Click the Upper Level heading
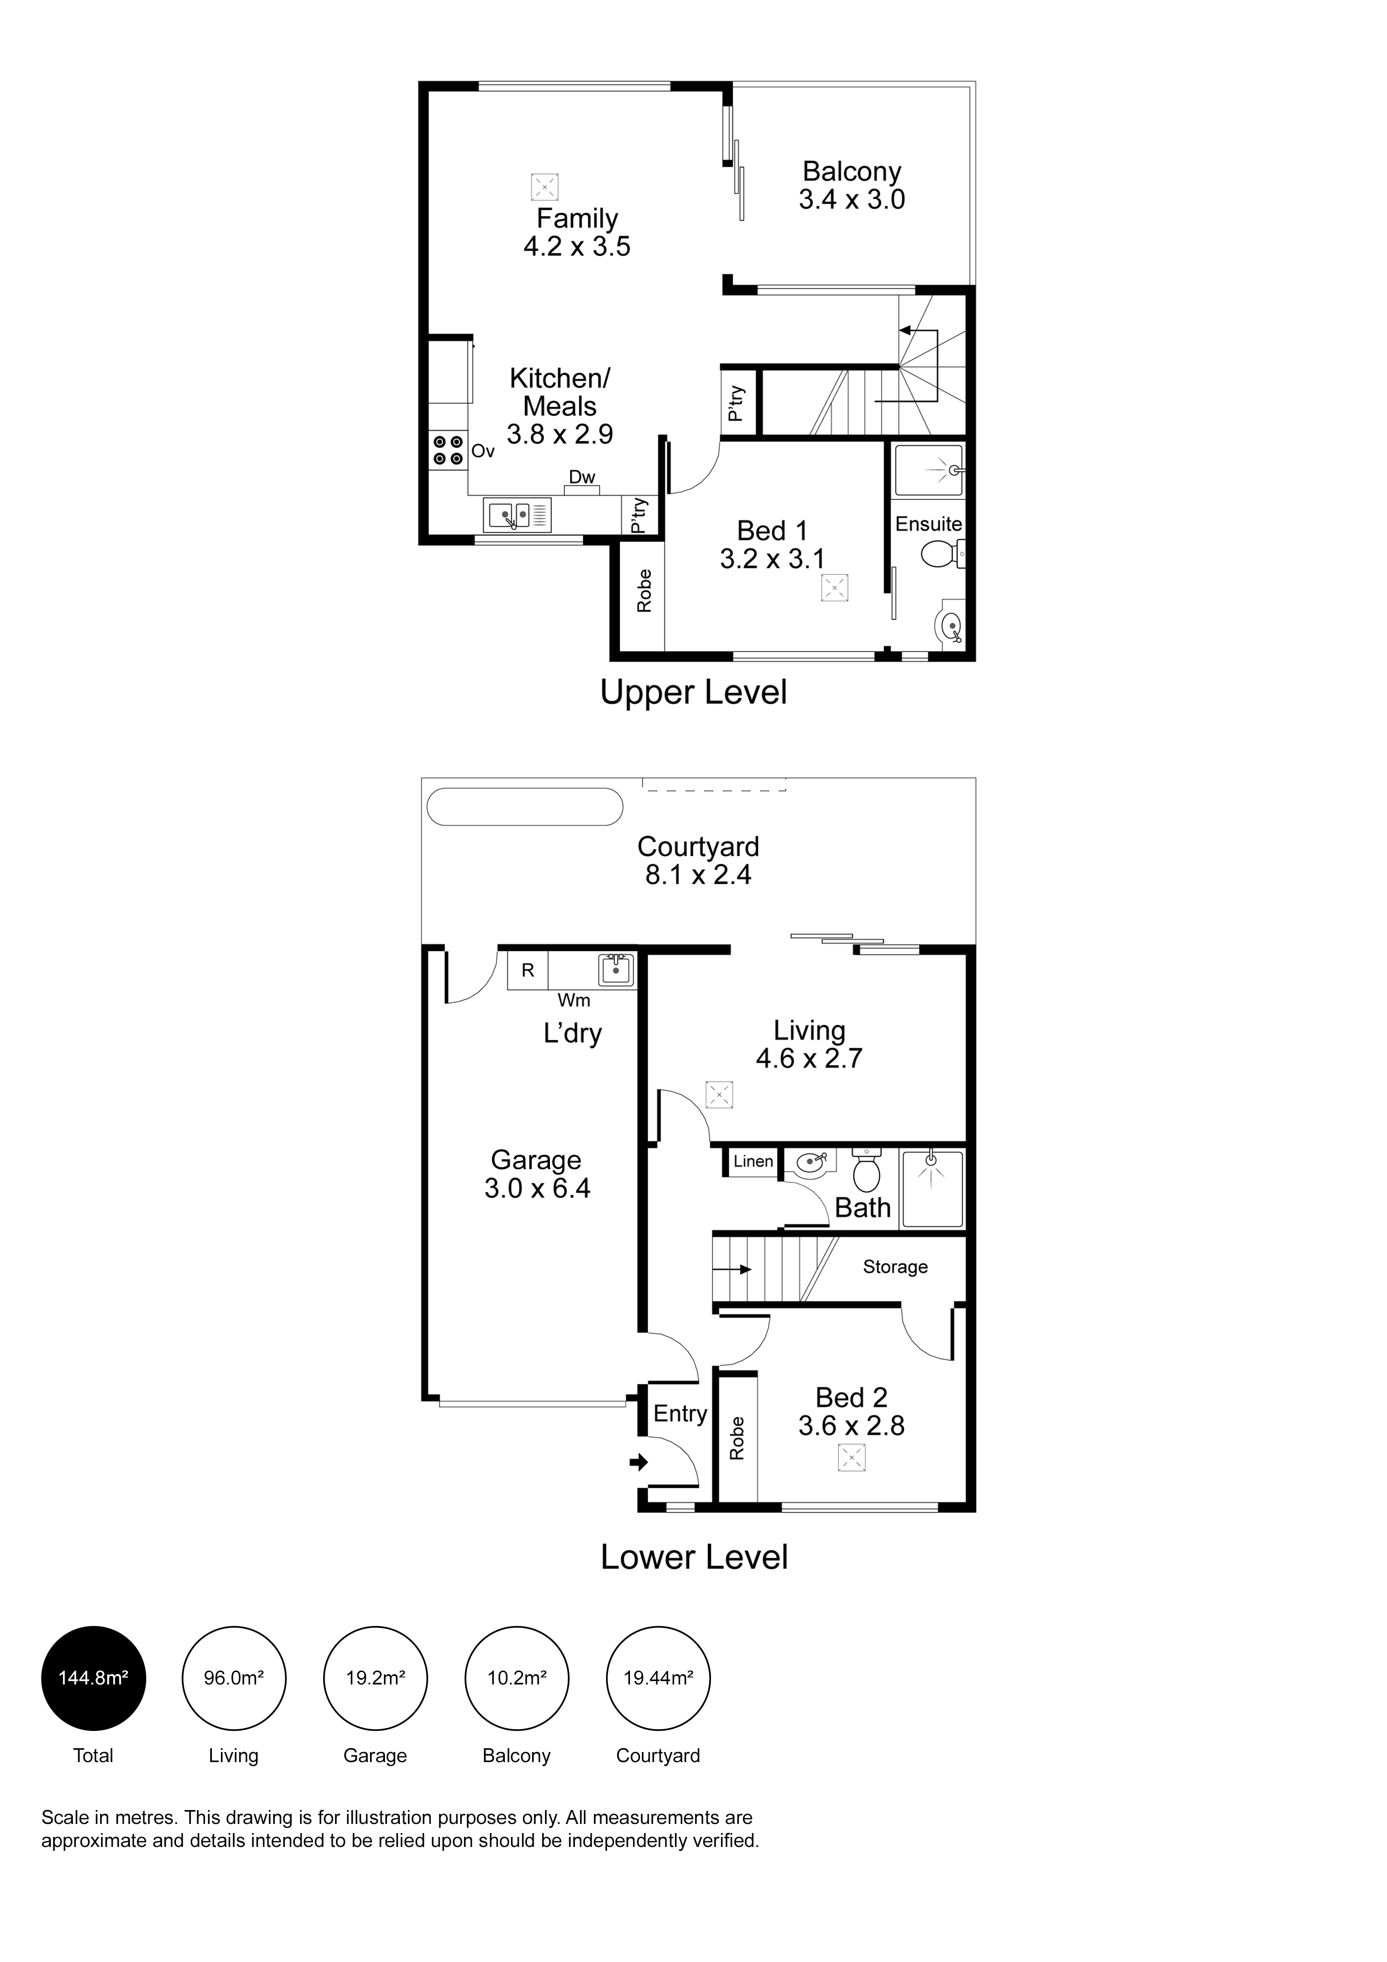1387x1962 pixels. click(693, 692)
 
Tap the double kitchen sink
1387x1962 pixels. click(517, 515)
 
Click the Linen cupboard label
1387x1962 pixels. click(753, 1161)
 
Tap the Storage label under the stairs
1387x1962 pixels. click(895, 1266)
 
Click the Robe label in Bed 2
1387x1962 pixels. click(737, 1438)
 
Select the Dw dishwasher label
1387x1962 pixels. click(582, 477)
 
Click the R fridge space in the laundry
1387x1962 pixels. click(528, 971)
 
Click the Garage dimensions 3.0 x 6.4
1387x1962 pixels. click(537, 1188)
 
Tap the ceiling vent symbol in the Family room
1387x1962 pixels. click(544, 187)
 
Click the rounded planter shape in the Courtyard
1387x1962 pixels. click(524, 807)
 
